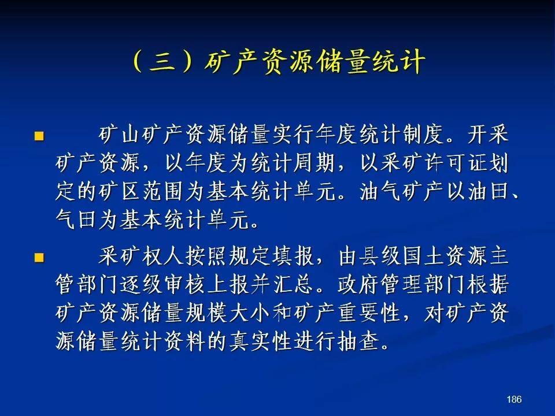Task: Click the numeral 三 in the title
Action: pos(163,62)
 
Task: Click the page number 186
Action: pos(514,399)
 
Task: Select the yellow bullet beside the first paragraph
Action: pos(39,136)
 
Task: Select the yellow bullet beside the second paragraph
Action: pos(39,258)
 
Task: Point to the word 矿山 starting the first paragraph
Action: pos(119,135)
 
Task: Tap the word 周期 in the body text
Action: pos(314,163)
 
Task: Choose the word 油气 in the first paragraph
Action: pos(380,191)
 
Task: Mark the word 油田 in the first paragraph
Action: pos(489,191)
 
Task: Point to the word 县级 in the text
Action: pos(380,256)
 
